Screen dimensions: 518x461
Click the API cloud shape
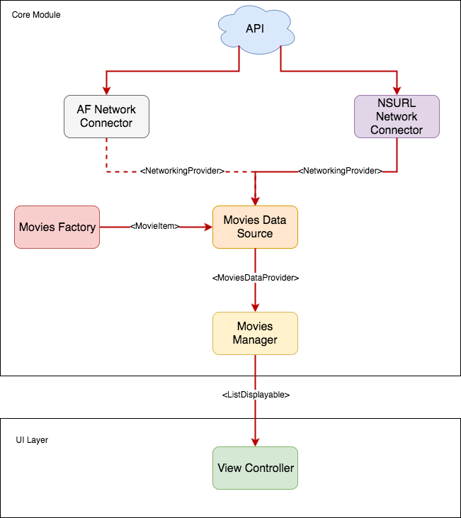254,30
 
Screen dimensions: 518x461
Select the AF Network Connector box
106,116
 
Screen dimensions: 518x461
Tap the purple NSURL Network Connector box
397,116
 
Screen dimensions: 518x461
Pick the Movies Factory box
57,227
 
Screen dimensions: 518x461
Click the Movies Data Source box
255,227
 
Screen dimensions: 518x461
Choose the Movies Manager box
255,333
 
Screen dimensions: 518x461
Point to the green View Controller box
255,468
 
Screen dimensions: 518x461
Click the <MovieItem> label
155,227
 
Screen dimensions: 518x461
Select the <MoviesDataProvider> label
255,278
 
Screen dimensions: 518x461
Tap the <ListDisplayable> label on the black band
255,395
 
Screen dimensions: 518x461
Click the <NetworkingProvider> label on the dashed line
182,171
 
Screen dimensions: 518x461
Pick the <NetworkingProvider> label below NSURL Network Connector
340,171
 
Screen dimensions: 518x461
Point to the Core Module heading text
36,14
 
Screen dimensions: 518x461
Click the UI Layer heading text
32,440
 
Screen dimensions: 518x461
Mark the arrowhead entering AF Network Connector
106,90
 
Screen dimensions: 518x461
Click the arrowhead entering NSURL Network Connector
397,90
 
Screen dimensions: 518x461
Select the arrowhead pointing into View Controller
255,441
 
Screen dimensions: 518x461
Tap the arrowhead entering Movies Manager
255,307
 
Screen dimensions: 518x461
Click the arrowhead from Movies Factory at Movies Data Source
207,227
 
